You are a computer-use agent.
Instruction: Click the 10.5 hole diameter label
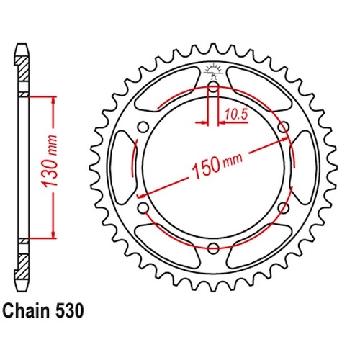[x=236, y=115]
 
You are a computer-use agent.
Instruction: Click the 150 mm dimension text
[x=217, y=166]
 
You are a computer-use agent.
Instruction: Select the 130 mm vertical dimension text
[x=50, y=161]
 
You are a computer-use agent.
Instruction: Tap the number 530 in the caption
[x=70, y=311]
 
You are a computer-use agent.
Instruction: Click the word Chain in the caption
[x=27, y=311]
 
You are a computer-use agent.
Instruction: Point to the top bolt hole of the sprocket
[x=213, y=86]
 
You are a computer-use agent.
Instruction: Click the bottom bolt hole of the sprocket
[x=213, y=248]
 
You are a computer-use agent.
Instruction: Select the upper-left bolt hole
[x=143, y=127]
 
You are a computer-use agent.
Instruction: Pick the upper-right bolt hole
[x=284, y=127]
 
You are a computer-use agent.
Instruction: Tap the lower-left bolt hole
[x=143, y=208]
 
